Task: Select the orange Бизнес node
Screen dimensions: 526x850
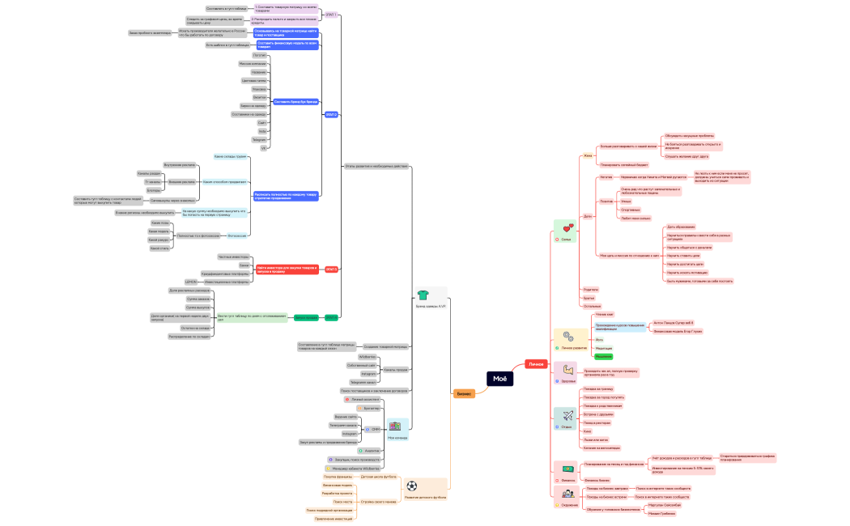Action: point(464,393)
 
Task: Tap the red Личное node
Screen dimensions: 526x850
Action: point(536,364)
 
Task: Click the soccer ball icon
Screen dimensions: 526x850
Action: point(412,486)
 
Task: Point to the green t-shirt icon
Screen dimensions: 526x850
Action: point(422,295)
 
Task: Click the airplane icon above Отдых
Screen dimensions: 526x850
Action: point(567,416)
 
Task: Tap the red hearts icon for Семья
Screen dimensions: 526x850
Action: point(567,229)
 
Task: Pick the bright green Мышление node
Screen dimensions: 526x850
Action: point(604,356)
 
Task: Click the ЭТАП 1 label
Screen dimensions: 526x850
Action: point(330,15)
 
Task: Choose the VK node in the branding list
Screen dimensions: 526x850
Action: point(263,148)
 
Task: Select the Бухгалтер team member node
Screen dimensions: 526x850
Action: point(372,409)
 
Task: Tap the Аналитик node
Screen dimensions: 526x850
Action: point(372,451)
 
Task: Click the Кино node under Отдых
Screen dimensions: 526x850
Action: point(588,431)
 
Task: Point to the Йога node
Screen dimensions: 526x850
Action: point(600,340)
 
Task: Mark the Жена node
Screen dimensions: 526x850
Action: point(589,155)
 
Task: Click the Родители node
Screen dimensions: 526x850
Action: point(591,289)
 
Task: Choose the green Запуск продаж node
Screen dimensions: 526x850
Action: point(306,317)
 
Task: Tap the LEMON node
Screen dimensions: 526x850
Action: point(191,282)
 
